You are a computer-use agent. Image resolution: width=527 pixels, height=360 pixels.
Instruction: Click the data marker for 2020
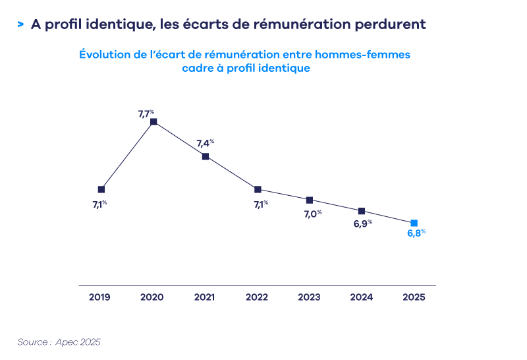153,121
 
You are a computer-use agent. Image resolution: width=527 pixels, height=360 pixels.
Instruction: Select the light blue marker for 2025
414,223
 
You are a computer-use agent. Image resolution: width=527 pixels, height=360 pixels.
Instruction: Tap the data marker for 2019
101,189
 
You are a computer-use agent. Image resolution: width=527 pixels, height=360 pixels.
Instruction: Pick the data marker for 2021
206,156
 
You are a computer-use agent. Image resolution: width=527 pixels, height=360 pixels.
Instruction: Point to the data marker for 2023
310,200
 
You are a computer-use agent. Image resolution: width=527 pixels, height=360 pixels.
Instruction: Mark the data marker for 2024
362,211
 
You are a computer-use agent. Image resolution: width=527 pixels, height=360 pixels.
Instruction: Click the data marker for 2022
258,189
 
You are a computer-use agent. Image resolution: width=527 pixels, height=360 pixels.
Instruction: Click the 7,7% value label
146,113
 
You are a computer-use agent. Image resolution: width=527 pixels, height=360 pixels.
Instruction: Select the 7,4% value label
206,143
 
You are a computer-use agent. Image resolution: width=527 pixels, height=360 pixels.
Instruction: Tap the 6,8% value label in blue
416,233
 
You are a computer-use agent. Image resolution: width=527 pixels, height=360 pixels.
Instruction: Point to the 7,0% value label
312,213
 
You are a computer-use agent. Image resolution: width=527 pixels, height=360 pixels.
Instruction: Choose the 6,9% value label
363,224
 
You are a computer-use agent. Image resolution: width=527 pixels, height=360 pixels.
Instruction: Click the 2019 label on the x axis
99,297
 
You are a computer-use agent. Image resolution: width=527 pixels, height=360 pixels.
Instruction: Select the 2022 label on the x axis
256,297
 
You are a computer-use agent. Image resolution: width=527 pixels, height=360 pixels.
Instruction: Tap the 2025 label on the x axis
414,297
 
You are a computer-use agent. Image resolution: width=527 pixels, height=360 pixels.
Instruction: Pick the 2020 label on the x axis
152,297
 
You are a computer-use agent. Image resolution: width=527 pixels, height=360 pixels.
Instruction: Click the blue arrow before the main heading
21,24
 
